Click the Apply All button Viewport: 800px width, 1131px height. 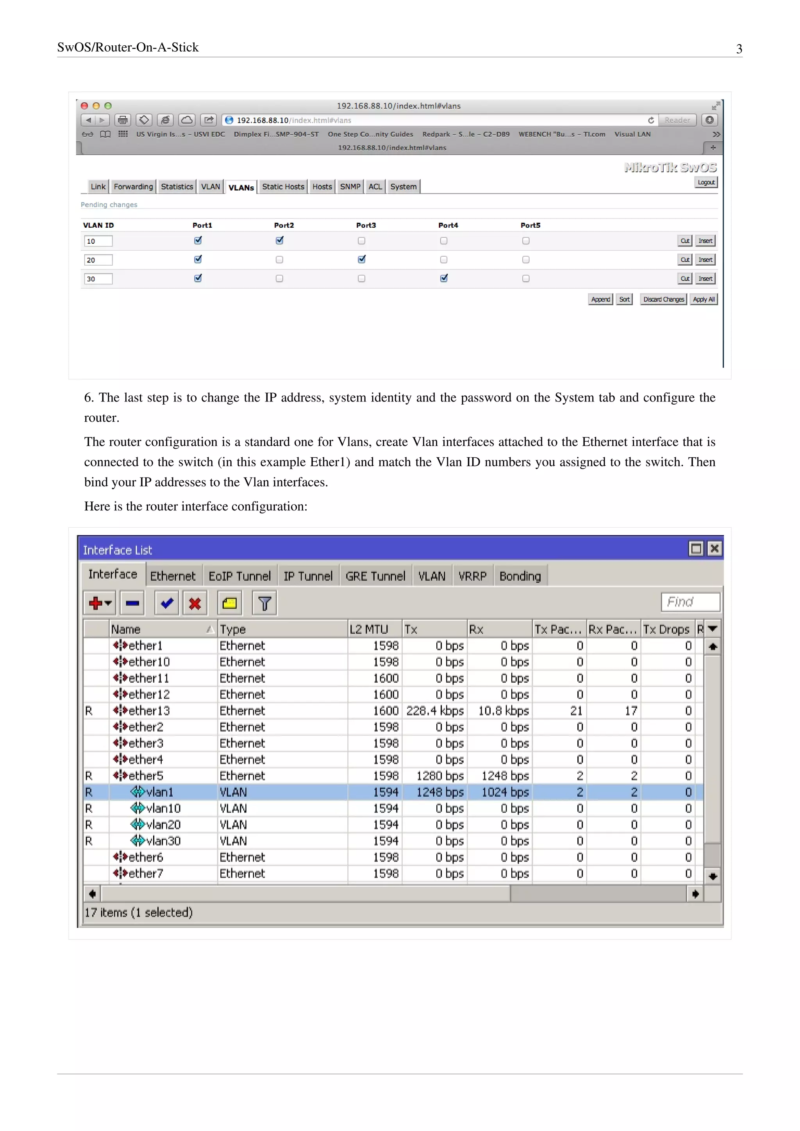tap(704, 299)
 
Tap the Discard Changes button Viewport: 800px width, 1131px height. tap(663, 299)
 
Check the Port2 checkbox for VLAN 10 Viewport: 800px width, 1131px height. tap(279, 241)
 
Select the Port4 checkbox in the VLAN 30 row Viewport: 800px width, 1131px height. tap(444, 278)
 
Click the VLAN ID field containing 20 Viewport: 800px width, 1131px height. tap(98, 260)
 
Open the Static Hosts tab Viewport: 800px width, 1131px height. tap(283, 187)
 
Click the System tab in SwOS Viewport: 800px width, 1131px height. tap(403, 187)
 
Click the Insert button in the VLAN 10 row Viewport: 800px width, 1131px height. tap(705, 241)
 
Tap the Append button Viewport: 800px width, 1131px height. tap(600, 299)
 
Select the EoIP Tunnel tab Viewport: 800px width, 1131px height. tap(239, 576)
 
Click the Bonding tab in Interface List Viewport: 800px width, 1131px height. tap(520, 576)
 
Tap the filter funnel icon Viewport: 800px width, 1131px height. tap(264, 603)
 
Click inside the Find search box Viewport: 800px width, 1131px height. tap(690, 601)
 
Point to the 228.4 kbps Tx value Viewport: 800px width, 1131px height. tap(434, 710)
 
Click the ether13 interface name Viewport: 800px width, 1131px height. tap(149, 710)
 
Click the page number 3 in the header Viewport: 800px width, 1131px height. tap(739, 49)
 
